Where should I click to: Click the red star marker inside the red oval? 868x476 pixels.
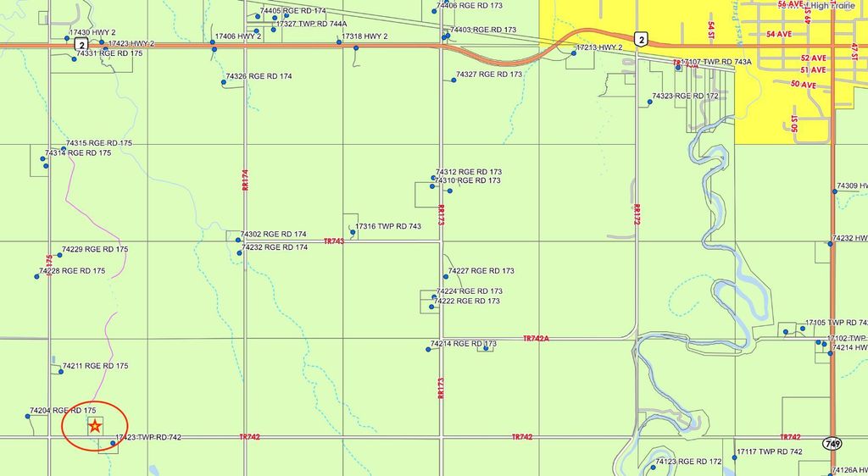point(95,426)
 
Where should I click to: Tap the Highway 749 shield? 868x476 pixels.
point(832,444)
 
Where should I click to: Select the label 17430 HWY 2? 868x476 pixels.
point(92,32)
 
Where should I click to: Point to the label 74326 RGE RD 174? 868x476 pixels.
point(259,76)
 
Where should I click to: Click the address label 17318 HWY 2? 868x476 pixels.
point(364,36)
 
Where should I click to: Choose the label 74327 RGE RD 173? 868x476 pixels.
point(489,75)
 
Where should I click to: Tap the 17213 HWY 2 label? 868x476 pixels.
point(599,48)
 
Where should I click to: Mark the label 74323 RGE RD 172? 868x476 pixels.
point(685,96)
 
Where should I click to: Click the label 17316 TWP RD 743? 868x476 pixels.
point(388,226)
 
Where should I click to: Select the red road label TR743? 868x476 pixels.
point(334,241)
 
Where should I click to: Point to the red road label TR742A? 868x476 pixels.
point(537,338)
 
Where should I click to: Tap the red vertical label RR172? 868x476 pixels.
point(637,212)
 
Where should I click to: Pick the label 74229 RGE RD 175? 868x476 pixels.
point(95,250)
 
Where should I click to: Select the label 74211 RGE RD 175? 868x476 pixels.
point(95,366)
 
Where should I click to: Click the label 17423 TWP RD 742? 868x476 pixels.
point(148,437)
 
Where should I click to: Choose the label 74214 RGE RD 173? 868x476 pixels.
point(464,344)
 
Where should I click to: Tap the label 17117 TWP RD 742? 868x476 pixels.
point(769,451)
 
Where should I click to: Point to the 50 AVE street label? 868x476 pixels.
point(803,85)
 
